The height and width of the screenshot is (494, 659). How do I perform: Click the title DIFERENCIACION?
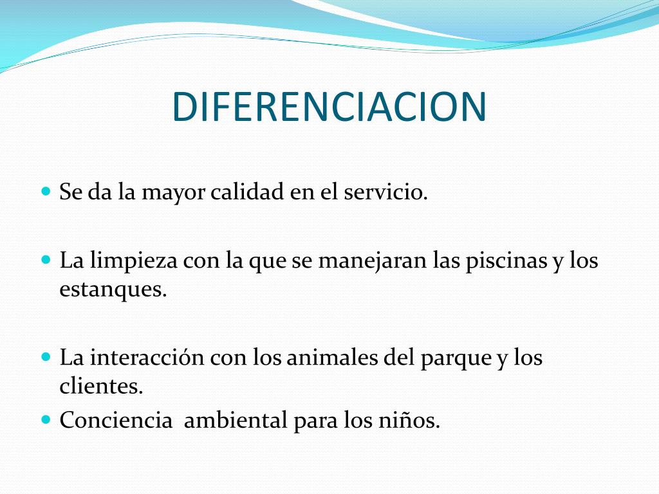[329, 107]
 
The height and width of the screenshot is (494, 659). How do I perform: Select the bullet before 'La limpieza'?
[46, 260]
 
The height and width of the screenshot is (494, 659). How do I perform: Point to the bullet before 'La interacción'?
[46, 357]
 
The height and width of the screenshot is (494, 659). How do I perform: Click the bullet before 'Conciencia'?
[46, 419]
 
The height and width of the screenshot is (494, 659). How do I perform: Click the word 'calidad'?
[247, 192]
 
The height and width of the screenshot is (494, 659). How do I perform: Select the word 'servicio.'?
[386, 192]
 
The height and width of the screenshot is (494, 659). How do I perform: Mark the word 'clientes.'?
[101, 386]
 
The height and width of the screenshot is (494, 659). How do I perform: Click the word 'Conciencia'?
[116, 419]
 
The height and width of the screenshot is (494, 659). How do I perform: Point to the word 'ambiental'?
[236, 419]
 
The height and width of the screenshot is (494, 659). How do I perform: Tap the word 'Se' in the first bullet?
[71, 192]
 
